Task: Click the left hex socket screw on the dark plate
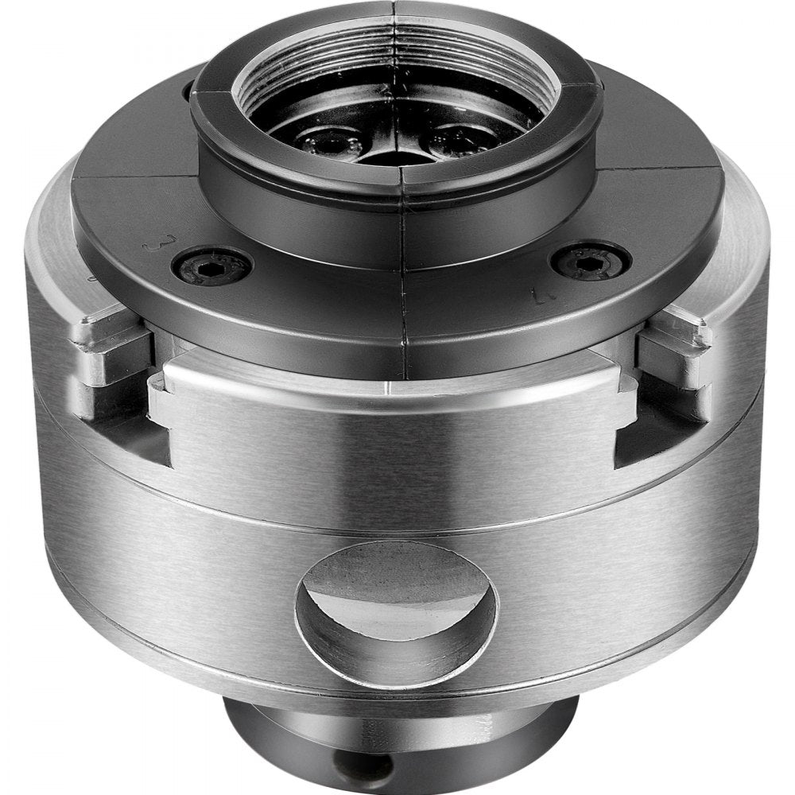(x=212, y=268)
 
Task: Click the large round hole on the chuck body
(x=396, y=613)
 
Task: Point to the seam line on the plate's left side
(x=135, y=176)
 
